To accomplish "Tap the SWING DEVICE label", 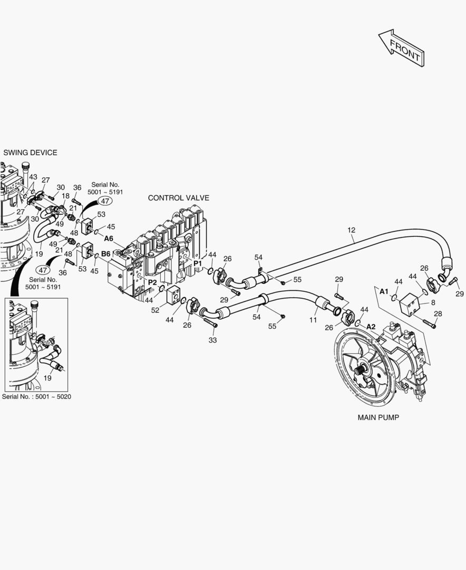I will point(30,153).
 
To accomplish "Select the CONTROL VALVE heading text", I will point(178,198).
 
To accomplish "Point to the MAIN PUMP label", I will point(378,417).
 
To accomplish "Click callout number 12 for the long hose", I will point(352,230).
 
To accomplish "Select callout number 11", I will point(313,320).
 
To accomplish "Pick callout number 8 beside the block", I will point(433,302).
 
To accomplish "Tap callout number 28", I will point(438,313).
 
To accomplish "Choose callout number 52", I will point(155,310).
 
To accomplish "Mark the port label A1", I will point(384,291).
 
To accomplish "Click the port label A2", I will point(371,326).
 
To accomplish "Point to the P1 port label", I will point(198,263).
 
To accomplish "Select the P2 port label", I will point(152,282).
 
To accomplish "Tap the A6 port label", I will point(109,238).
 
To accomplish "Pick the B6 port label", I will point(106,254).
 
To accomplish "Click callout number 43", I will point(33,177).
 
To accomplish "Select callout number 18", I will point(65,196).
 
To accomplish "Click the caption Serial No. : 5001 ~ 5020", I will point(36,396).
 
